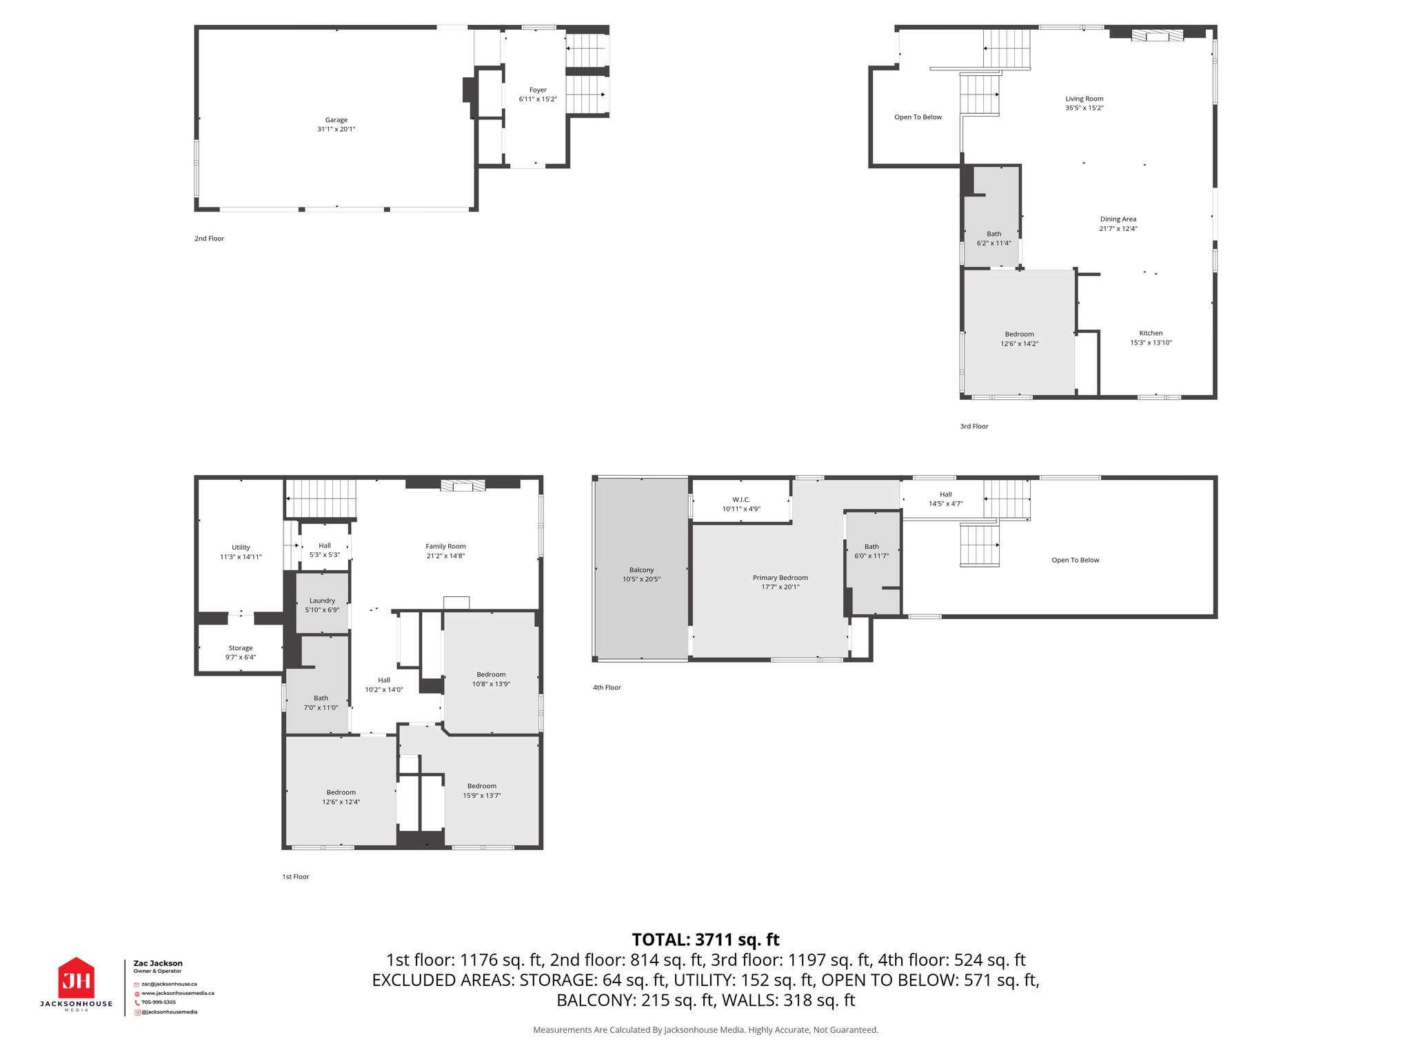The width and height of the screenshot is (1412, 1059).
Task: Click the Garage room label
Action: coord(336,120)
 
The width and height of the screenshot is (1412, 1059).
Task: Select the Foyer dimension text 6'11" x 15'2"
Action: coord(538,99)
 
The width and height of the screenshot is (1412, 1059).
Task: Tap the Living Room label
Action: coord(1084,99)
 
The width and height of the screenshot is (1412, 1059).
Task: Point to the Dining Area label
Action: coord(1118,219)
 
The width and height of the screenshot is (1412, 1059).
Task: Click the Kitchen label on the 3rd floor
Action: coord(1151,333)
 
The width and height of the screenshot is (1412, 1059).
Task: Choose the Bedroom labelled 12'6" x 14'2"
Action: coord(1019,339)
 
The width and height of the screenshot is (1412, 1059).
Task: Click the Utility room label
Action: coord(241,547)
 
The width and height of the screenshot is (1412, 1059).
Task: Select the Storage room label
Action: coord(241,648)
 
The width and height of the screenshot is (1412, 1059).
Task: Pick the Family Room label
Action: coord(445,546)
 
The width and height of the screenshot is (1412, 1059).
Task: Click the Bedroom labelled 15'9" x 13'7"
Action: coord(481,790)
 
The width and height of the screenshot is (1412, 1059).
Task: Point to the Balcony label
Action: coord(641,570)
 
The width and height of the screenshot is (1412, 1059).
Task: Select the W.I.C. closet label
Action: coord(741,500)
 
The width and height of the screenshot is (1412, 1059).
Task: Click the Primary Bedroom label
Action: coord(780,578)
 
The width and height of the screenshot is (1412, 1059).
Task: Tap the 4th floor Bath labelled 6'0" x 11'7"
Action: coord(871,551)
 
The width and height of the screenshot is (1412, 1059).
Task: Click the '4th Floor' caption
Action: coord(607,687)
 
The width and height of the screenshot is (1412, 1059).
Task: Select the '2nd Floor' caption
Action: coord(209,239)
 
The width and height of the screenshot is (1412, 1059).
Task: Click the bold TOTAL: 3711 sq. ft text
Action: coord(705,940)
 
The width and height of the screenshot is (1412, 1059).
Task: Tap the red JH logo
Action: coord(76,979)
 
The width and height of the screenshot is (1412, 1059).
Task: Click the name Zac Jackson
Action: coord(158,963)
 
